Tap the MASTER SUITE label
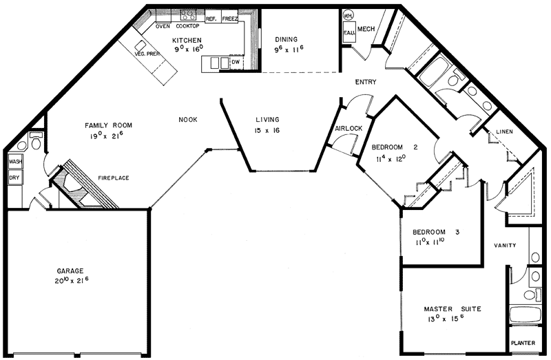pyautogui.click(x=452, y=309)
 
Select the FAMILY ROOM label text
pyautogui.click(x=108, y=125)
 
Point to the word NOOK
pyautogui.click(x=188, y=120)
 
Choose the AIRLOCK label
pyautogui.click(x=349, y=129)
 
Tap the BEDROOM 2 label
pyautogui.click(x=395, y=147)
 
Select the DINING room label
pyautogui.click(x=285, y=39)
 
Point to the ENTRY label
pyautogui.click(x=365, y=83)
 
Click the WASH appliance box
pyautogui.click(x=14, y=162)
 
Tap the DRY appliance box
pyautogui.click(x=14, y=177)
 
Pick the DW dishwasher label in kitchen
pyautogui.click(x=236, y=63)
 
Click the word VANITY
pyautogui.click(x=505, y=246)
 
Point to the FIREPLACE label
pyautogui.click(x=113, y=178)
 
